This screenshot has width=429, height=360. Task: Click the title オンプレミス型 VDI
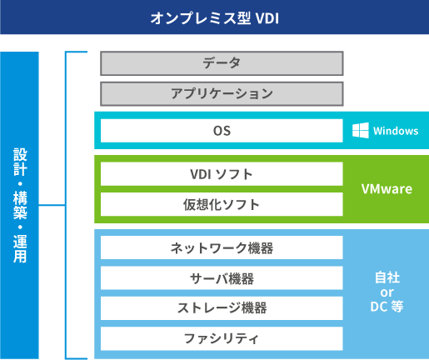pyautogui.click(x=215, y=18)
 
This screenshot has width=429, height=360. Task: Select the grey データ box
pyautogui.click(x=222, y=63)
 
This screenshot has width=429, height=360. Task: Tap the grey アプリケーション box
pyautogui.click(x=222, y=94)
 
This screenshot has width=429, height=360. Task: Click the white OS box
pyautogui.click(x=222, y=131)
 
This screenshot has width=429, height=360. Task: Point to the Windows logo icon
pyautogui.click(x=361, y=130)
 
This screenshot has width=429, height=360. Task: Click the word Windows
pyautogui.click(x=396, y=131)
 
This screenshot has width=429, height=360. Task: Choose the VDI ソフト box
pyautogui.click(x=222, y=174)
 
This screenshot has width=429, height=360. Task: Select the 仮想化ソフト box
pyautogui.click(x=222, y=204)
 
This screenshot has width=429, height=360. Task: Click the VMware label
pyautogui.click(x=387, y=189)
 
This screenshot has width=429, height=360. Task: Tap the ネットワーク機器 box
pyautogui.click(x=222, y=247)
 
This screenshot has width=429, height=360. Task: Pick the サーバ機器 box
pyautogui.click(x=222, y=278)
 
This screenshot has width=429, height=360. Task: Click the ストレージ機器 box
pyautogui.click(x=222, y=308)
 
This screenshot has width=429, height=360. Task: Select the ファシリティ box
pyautogui.click(x=222, y=338)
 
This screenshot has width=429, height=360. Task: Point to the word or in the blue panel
pyautogui.click(x=387, y=292)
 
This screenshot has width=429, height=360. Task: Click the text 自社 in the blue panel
pyautogui.click(x=387, y=277)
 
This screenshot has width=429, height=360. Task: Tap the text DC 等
pyautogui.click(x=387, y=307)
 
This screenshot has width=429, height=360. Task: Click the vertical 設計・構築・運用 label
pyautogui.click(x=20, y=205)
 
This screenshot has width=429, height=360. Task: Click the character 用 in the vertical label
pyautogui.click(x=20, y=257)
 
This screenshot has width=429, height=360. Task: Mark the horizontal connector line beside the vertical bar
pyautogui.click(x=52, y=205)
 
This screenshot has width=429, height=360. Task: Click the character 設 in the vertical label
pyautogui.click(x=20, y=154)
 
